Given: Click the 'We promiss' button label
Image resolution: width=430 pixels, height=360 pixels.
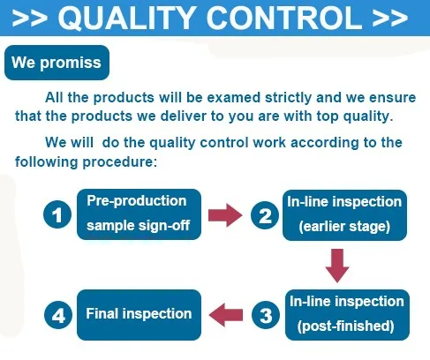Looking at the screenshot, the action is click(x=57, y=63).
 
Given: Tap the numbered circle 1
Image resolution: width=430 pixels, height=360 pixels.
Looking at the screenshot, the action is click(x=57, y=214).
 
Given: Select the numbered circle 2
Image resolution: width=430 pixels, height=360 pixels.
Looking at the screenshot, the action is click(x=265, y=215).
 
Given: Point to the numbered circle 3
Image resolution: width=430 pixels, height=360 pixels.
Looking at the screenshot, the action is click(x=266, y=315).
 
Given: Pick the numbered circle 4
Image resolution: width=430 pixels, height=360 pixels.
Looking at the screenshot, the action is click(x=58, y=315).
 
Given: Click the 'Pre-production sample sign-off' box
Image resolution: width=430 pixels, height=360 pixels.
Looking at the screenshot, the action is click(x=139, y=214).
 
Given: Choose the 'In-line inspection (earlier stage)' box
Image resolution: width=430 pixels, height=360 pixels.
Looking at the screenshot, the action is click(x=344, y=215).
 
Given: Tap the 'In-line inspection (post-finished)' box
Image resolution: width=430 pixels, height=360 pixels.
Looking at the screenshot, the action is click(x=347, y=315).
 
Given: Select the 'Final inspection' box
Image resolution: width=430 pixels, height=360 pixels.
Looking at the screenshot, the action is click(x=139, y=315).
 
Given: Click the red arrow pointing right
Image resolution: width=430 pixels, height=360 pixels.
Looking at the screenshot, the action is click(x=225, y=215).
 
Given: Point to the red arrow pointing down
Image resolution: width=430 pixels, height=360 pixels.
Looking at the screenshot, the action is click(x=337, y=266).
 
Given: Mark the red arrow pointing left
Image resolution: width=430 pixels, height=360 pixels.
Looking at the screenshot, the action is click(x=226, y=315).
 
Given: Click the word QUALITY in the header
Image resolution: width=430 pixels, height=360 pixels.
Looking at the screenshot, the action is click(x=127, y=18).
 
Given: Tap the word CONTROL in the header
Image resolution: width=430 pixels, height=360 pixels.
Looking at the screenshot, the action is click(x=284, y=18).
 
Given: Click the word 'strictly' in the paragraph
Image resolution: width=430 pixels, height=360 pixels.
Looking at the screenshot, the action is click(x=288, y=98).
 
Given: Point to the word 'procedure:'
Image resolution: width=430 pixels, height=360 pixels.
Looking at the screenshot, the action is click(x=120, y=162).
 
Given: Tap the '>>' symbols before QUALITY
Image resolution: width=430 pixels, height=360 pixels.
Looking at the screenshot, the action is click(x=30, y=19).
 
